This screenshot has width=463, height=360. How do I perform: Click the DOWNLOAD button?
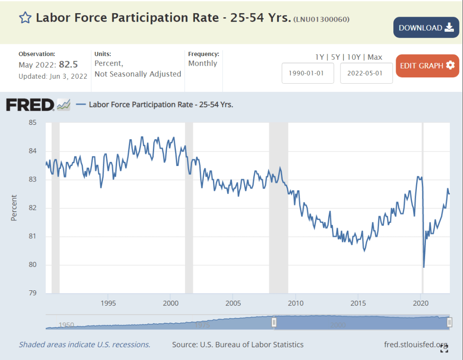(426, 28)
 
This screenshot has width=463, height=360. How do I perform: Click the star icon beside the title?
(25, 18)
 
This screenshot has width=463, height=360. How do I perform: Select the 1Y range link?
(320, 57)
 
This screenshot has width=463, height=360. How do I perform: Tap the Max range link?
(375, 57)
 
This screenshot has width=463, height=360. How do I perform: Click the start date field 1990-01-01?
(308, 73)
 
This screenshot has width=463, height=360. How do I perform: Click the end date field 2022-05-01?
(366, 73)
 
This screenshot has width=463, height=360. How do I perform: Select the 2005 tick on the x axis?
(233, 303)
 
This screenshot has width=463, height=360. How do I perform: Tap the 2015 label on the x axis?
(358, 303)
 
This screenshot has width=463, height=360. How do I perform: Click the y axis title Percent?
(14, 208)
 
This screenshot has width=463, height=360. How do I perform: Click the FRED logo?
(30, 105)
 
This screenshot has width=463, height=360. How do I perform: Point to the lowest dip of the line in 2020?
(424, 267)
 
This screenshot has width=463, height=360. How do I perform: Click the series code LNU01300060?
(321, 19)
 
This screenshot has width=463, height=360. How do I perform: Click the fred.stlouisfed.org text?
(416, 345)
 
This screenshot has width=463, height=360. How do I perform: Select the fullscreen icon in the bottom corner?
(444, 348)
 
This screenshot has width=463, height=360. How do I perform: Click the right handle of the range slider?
(449, 322)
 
